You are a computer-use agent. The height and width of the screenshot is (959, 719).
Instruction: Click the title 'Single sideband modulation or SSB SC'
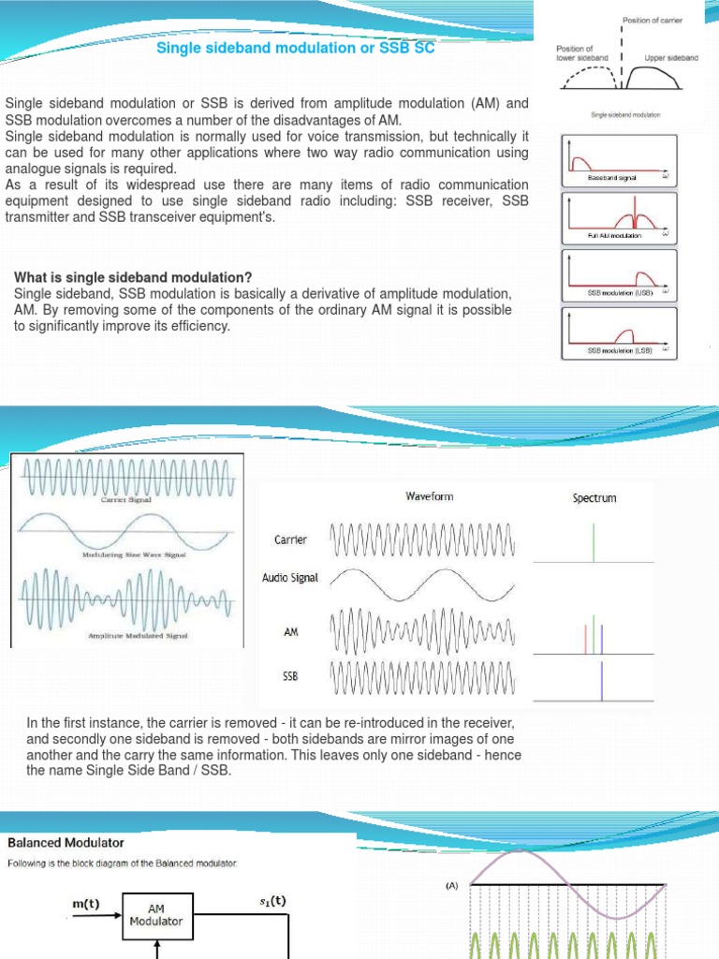tap(295, 48)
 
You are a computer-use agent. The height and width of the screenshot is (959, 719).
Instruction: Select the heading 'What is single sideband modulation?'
tap(133, 277)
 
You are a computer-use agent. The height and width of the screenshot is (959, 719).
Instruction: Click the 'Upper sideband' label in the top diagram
tap(671, 58)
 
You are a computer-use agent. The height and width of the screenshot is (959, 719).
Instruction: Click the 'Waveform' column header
tap(429, 496)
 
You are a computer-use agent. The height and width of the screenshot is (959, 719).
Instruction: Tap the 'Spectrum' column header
tap(594, 498)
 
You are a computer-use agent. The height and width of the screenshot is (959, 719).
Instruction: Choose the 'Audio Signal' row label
tap(289, 578)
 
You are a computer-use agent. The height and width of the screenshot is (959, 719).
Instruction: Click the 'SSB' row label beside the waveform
tap(289, 675)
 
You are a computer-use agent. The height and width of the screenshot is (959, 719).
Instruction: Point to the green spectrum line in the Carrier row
tap(594, 542)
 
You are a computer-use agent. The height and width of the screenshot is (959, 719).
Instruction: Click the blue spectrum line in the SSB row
tap(602, 681)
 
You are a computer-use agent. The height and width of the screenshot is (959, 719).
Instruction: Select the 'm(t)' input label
tap(86, 904)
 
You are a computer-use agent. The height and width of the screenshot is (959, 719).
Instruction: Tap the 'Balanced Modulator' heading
tap(66, 843)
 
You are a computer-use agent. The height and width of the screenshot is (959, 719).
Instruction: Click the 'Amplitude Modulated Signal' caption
tap(138, 636)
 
